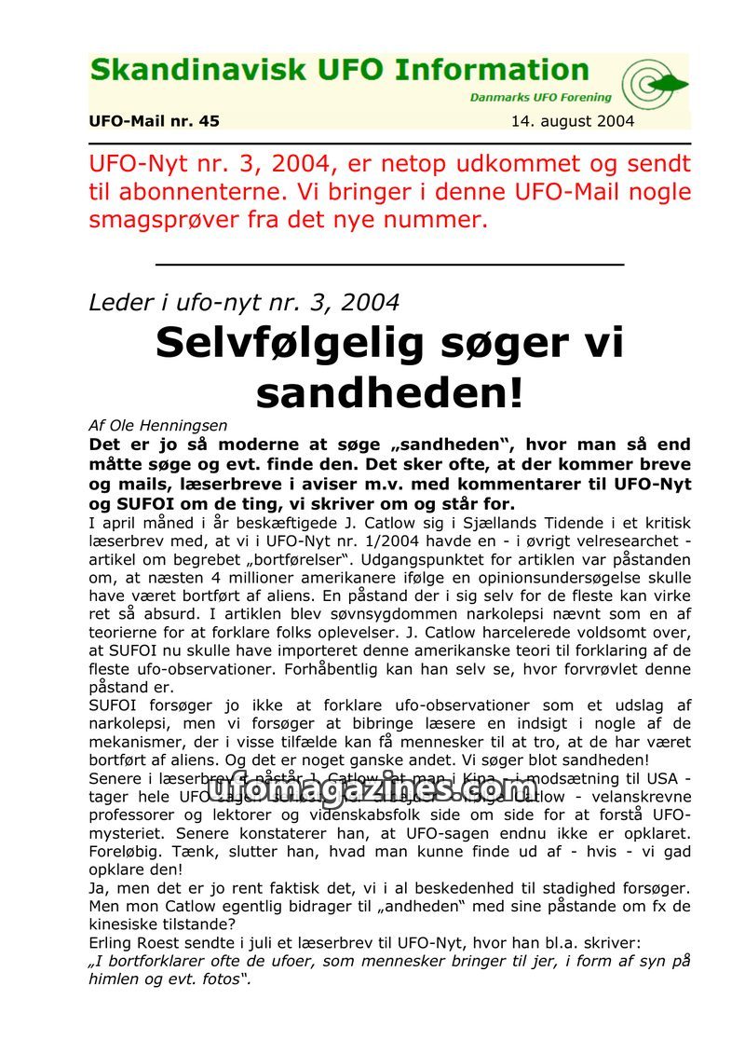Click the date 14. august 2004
(573, 121)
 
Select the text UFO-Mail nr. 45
(155, 121)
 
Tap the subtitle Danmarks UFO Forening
(540, 97)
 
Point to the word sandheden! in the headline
(389, 392)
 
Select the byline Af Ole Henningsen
(157, 425)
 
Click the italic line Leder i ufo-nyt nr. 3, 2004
(244, 302)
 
